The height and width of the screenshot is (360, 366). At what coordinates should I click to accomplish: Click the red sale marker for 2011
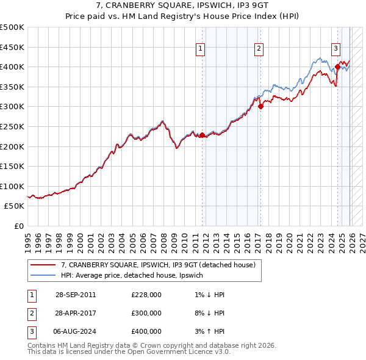[x=202, y=135]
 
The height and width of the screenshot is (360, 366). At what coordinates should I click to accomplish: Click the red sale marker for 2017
[x=260, y=106]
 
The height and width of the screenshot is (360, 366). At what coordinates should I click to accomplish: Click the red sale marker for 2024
[x=337, y=67]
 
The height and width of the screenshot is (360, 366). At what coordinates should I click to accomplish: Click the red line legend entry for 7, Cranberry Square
[x=161, y=265]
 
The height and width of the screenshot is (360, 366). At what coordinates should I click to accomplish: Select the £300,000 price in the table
[x=146, y=313]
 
